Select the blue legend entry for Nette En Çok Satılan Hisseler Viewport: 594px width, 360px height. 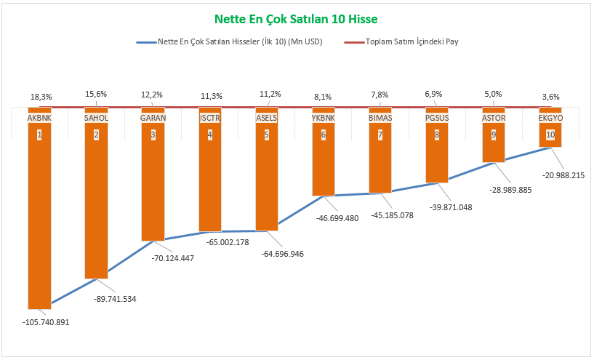click(x=230, y=41)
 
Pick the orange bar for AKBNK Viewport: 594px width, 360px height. click(x=39, y=218)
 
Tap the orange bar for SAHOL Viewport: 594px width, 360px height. click(x=96, y=204)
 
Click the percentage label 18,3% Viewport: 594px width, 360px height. click(x=41, y=95)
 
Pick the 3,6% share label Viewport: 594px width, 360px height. click(x=551, y=95)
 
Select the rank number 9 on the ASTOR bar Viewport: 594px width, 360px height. click(x=494, y=135)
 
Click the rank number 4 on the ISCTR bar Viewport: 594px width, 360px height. click(x=209, y=135)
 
